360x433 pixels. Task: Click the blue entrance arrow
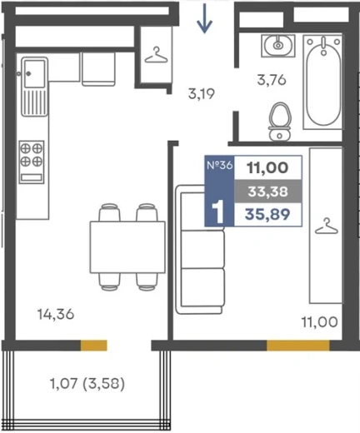pos(205,18)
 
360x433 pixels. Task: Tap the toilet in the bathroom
pos(280,121)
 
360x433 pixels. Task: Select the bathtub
pos(322,82)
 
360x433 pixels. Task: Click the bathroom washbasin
pos(278,46)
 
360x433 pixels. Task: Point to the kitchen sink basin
pos(34,74)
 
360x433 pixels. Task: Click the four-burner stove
pos(32,162)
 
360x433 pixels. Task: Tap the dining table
pos(127,247)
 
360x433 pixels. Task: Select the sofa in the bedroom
pos(200,250)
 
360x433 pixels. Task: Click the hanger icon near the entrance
pos(156,55)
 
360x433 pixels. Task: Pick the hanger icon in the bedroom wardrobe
pos(327,226)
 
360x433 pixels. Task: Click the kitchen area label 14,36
pos(56,315)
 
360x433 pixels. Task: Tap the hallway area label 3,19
pos(202,94)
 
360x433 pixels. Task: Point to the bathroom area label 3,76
pos(272,80)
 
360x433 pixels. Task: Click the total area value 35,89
pos(267,214)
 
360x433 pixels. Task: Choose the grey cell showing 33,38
pos(267,192)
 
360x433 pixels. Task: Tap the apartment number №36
pos(219,165)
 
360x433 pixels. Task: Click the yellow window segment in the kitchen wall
pos(94,346)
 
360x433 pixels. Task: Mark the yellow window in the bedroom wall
pos(298,346)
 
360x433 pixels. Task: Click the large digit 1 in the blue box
pos(218,212)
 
